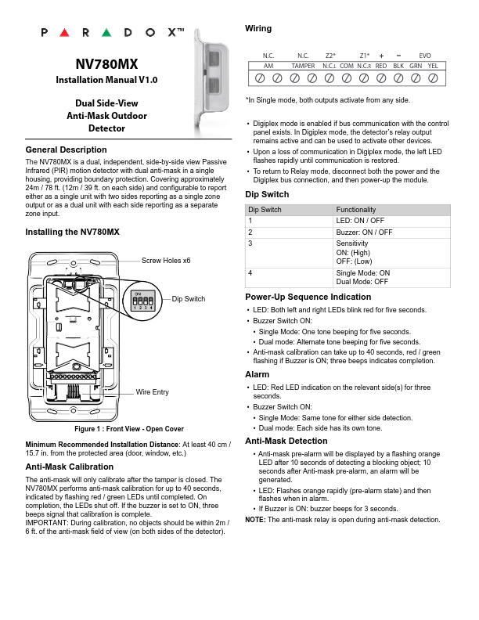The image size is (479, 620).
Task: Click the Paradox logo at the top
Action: (111, 33)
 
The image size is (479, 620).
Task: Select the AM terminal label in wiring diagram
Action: (268, 67)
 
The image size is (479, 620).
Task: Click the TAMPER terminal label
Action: (303, 67)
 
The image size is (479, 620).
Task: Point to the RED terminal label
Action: (381, 67)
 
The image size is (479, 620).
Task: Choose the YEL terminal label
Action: (432, 67)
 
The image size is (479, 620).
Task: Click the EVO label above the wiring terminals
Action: (425, 56)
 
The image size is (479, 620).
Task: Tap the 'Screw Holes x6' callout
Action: (166, 260)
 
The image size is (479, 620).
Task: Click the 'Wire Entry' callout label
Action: (153, 391)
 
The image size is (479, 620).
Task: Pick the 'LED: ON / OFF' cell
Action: (360, 221)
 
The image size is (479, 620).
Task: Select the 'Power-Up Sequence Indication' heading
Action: (308, 297)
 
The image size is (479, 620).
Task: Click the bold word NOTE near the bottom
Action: (254, 520)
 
